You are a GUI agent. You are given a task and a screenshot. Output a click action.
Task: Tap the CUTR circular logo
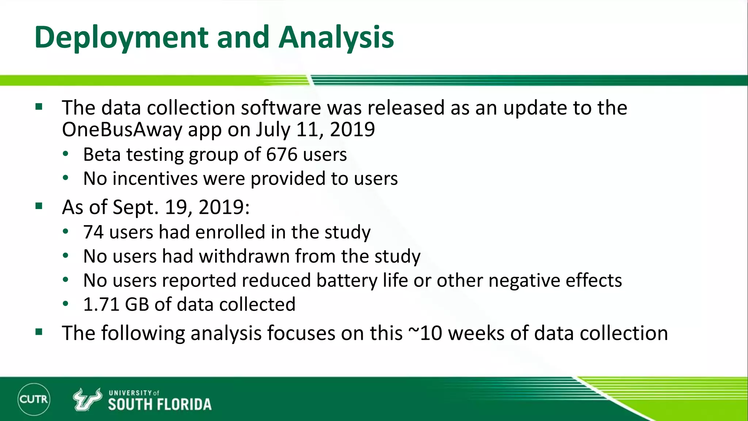(34, 399)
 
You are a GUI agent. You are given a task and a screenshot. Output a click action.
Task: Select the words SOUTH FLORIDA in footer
(160, 405)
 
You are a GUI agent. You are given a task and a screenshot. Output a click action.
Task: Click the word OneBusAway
(122, 130)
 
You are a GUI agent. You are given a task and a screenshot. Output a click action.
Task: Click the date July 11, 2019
(315, 130)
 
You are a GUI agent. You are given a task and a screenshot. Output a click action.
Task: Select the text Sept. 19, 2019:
(181, 207)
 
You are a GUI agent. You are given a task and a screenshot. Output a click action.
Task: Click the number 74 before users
(93, 232)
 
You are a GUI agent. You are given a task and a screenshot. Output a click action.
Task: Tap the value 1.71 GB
(116, 304)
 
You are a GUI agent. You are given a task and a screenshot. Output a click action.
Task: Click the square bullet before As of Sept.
(39, 206)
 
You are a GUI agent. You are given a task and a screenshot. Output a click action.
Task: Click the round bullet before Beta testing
(65, 154)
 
